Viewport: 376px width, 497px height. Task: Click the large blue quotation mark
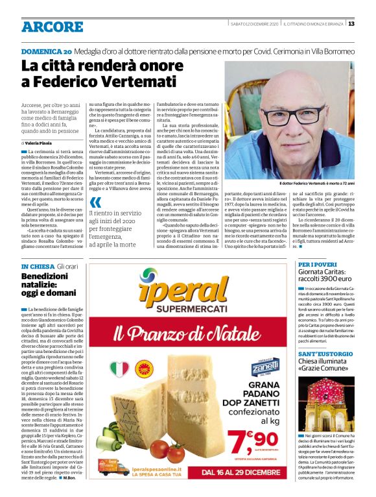(x=95, y=202)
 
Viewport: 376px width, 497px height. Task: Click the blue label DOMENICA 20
(x=46, y=51)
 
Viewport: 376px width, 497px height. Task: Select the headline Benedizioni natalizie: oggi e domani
(x=49, y=285)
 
